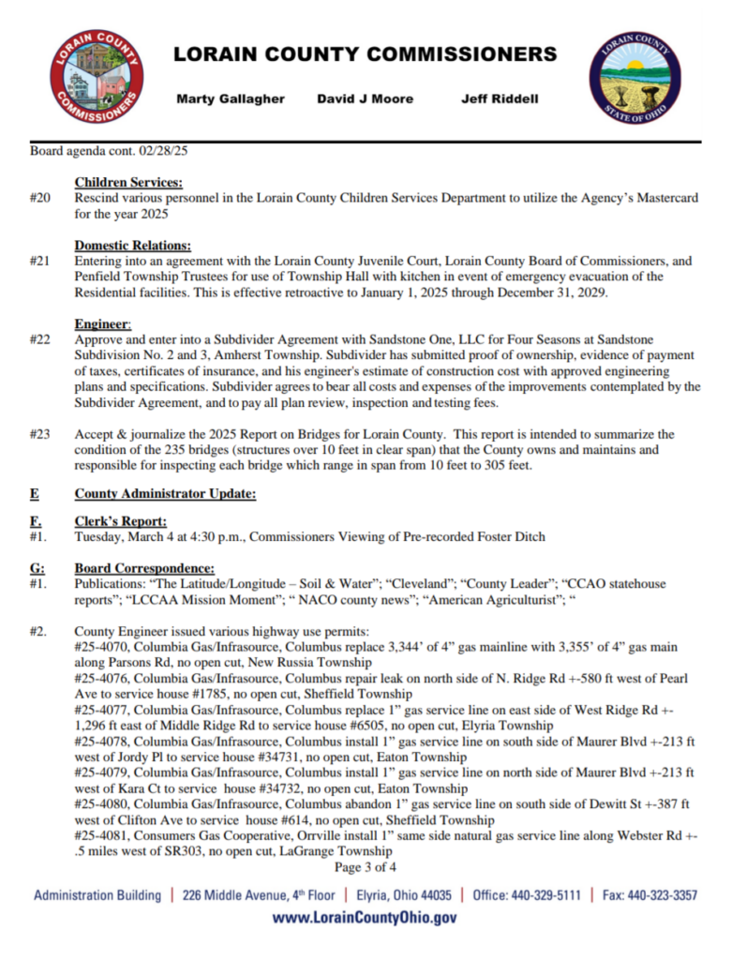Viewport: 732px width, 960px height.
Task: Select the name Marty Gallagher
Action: [x=231, y=98]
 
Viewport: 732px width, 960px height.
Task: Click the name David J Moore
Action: [x=365, y=98]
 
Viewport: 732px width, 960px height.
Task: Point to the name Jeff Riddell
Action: [x=500, y=98]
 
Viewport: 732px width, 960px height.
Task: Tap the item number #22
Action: [x=39, y=339]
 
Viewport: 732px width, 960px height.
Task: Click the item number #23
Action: [x=39, y=434]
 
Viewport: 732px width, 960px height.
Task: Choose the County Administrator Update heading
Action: [x=165, y=494]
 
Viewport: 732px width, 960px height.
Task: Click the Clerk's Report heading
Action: [x=121, y=521]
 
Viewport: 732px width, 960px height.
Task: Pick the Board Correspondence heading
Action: [x=144, y=568]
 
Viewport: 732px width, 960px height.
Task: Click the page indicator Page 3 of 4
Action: [x=366, y=867]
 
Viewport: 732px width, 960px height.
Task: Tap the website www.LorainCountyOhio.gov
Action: [x=366, y=918]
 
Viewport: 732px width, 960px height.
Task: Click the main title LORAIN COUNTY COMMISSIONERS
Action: [x=366, y=54]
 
